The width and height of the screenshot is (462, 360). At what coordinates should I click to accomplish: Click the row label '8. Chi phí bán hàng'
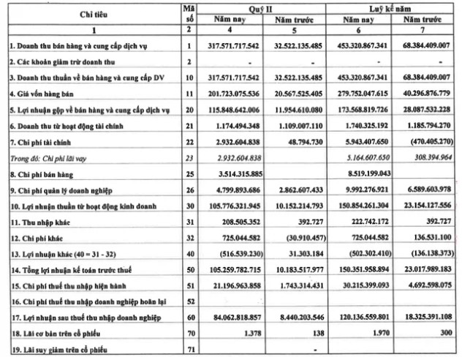tap(44, 173)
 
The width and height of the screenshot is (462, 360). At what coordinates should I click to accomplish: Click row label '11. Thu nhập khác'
tap(42, 221)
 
